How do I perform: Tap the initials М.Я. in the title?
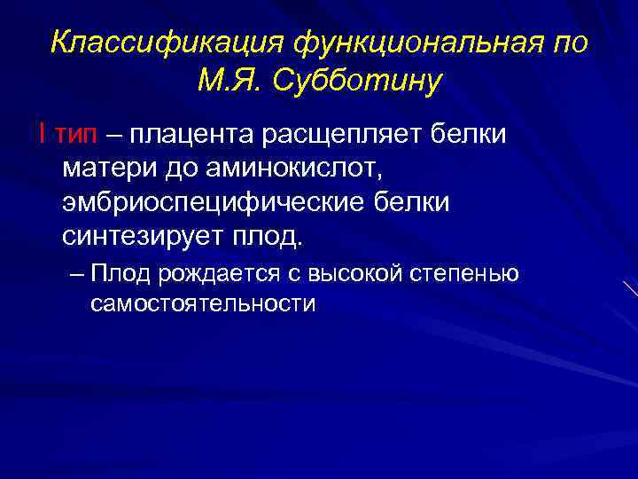coord(229,82)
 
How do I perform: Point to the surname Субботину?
coord(357,82)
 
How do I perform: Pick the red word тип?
coord(79,134)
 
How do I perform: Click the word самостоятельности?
coord(202,303)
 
